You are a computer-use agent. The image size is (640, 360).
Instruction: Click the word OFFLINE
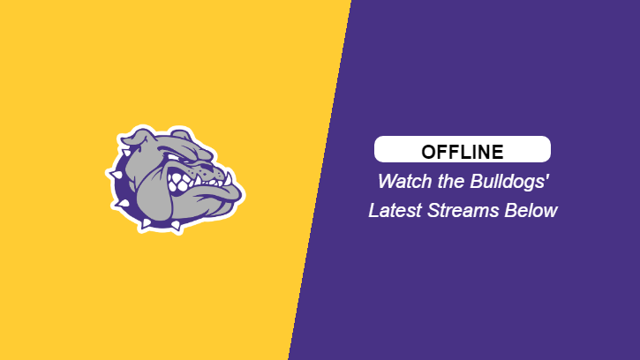click(463, 152)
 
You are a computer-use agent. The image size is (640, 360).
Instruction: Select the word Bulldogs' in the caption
click(509, 182)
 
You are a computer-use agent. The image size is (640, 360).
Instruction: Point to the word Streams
click(463, 211)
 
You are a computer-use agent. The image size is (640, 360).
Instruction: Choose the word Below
click(531, 211)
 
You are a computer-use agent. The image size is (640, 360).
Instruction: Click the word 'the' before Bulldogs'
click(451, 181)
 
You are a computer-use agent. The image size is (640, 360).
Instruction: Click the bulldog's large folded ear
click(135, 139)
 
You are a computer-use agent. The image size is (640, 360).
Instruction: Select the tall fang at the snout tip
click(228, 179)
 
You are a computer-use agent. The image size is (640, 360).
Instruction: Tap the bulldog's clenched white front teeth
click(180, 182)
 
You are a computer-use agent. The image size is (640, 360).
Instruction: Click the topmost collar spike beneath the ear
click(125, 153)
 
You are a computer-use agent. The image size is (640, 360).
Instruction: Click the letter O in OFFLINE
click(429, 152)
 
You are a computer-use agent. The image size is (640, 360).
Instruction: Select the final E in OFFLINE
click(498, 152)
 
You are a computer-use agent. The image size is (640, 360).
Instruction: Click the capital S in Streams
click(433, 211)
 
